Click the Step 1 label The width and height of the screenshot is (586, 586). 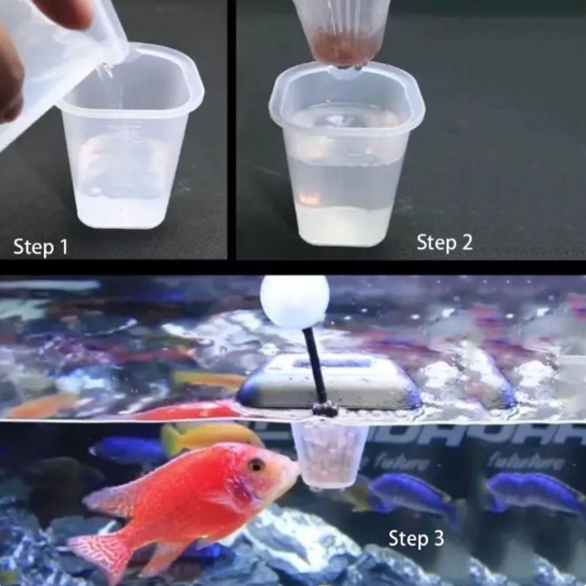click(x=40, y=247)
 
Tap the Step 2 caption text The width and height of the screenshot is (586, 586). click(x=444, y=242)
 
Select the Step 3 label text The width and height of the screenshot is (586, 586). click(x=416, y=538)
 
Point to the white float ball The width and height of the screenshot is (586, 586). click(x=295, y=301)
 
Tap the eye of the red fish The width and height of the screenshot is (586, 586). click(x=255, y=465)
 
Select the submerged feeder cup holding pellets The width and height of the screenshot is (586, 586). click(x=329, y=454)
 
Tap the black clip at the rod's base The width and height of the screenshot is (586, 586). click(x=325, y=408)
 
